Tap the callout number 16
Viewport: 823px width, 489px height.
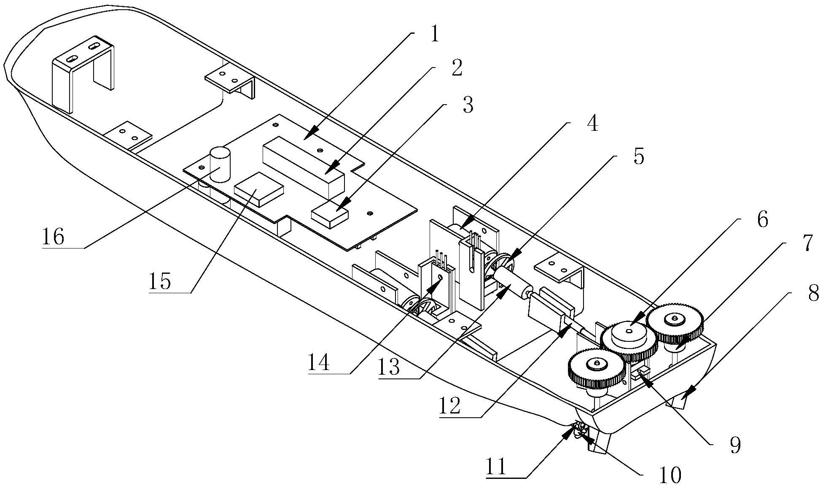pos(53,237)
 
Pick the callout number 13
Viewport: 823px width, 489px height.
pos(389,367)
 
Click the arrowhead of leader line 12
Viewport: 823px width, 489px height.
pos(563,332)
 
